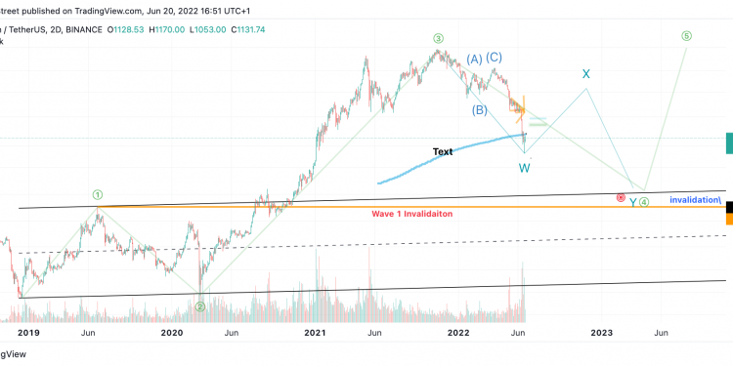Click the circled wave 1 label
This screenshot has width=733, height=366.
[x=98, y=194]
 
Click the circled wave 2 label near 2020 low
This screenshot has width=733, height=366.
[x=199, y=305]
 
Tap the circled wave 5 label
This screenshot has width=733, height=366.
[x=687, y=36]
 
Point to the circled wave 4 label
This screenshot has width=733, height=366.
[x=645, y=202]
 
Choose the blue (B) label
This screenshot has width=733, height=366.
[x=480, y=109]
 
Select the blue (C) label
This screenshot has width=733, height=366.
[x=495, y=58]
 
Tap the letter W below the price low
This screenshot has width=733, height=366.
[x=525, y=167]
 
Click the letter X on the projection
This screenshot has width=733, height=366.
[x=586, y=74]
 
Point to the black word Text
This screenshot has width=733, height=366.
[x=443, y=152]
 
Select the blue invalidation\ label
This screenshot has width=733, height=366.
[x=696, y=200]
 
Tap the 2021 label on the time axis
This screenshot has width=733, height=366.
[x=315, y=333]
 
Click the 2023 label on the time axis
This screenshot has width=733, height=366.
[x=602, y=333]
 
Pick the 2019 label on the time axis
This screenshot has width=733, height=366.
[x=28, y=333]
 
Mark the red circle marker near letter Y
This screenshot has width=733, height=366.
[x=621, y=198]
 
